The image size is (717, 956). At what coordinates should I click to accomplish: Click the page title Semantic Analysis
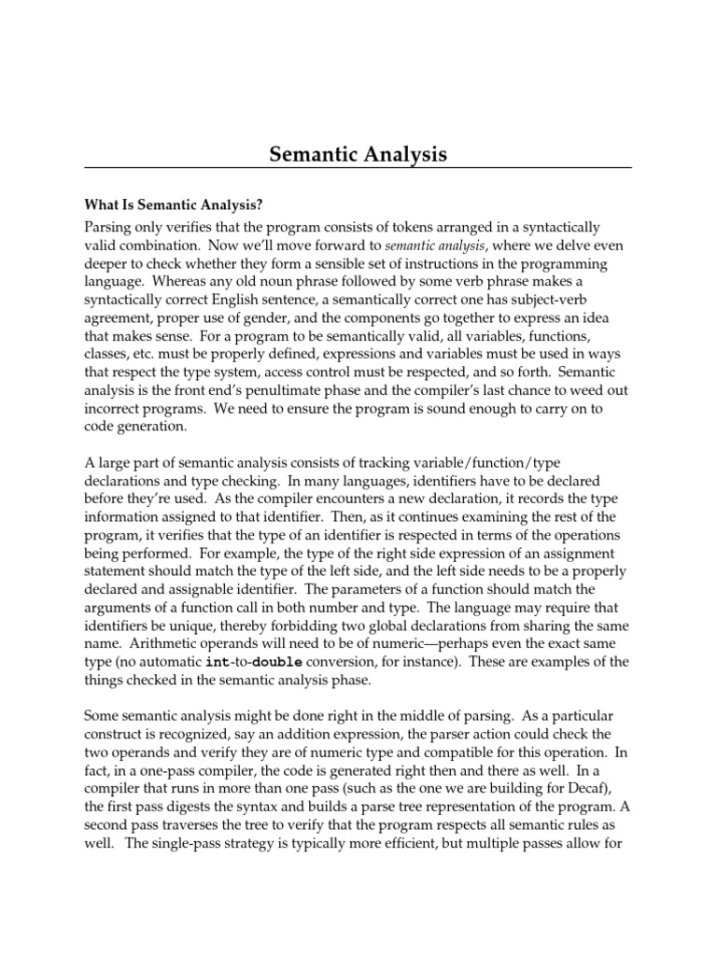[358, 153]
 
